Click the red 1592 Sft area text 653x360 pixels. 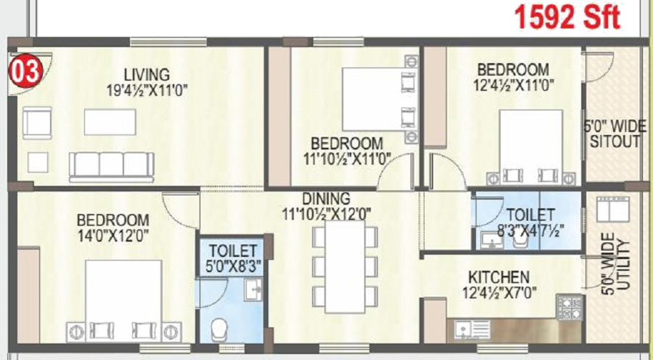pyautogui.click(x=567, y=16)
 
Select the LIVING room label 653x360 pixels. pyautogui.click(x=146, y=75)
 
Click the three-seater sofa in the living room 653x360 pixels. pyautogui.click(x=112, y=165)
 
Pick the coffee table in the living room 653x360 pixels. pyautogui.click(x=110, y=122)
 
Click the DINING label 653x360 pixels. pyautogui.click(x=326, y=198)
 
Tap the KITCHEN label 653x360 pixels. pyautogui.click(x=498, y=277)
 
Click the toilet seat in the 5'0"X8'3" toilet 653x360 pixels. pyautogui.click(x=218, y=331)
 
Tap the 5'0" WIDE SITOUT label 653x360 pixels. pyautogui.click(x=613, y=134)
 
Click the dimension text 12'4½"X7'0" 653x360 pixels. pyautogui.click(x=498, y=294)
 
